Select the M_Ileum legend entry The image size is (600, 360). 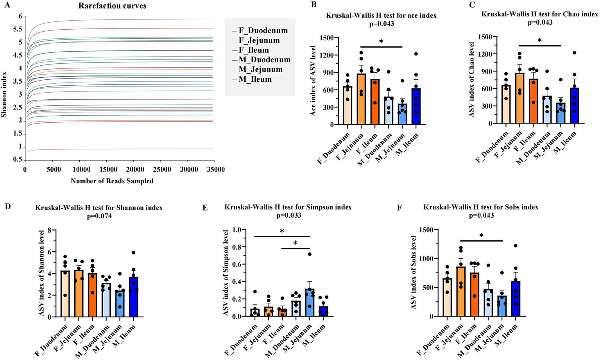255,79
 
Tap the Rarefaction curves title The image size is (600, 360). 112,6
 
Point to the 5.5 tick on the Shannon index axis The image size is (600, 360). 18,30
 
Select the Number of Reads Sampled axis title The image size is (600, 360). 112,181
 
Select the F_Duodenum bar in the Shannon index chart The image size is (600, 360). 65,293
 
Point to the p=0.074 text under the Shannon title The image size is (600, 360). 99,215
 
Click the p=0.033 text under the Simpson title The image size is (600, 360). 288,215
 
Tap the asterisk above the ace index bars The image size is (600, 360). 381,41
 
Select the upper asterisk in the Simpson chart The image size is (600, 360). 282,231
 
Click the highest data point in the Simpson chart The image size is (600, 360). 309,254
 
